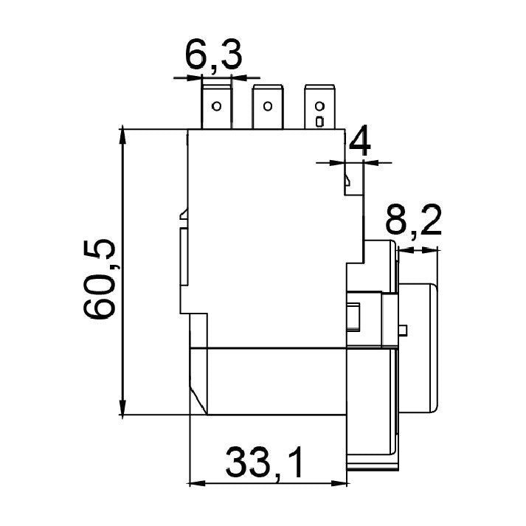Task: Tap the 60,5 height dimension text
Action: (100, 280)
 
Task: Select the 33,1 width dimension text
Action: (263, 463)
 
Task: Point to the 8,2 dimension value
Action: (413, 220)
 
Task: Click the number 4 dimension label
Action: (360, 141)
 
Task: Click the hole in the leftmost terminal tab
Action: (217, 106)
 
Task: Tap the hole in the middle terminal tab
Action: (267, 106)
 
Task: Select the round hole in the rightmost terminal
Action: (319, 106)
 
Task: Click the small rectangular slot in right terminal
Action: (319, 122)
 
